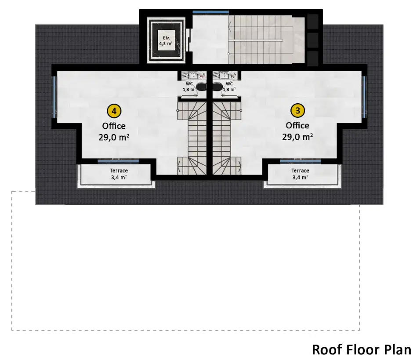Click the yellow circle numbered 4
click(114, 111)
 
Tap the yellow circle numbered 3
click(297, 110)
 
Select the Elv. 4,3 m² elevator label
click(166, 41)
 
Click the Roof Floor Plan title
click(362, 349)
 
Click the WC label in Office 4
click(189, 84)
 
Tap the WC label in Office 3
click(229, 84)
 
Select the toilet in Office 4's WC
click(201, 87)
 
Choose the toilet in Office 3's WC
click(217, 87)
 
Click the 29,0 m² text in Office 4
click(114, 137)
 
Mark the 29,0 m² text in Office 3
click(297, 137)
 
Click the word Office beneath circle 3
click(297, 125)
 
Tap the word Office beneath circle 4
click(114, 126)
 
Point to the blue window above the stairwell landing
click(210, 12)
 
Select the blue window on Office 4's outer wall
click(54, 97)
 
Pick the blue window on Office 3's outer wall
click(364, 97)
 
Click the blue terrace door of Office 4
click(118, 161)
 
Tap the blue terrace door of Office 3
click(301, 161)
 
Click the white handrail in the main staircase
click(255, 40)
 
